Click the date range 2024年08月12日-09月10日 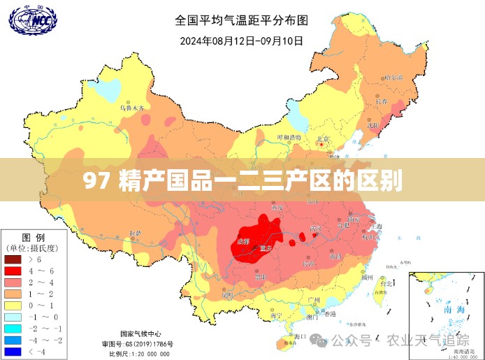[x=242, y=41]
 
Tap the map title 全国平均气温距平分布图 [x=242, y=20]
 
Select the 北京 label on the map [x=322, y=139]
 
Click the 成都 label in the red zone [x=243, y=240]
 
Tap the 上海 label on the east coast [x=375, y=226]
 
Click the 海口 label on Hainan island [x=298, y=337]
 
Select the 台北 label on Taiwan [x=385, y=284]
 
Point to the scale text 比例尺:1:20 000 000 [x=140, y=353]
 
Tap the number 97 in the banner [x=96, y=181]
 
